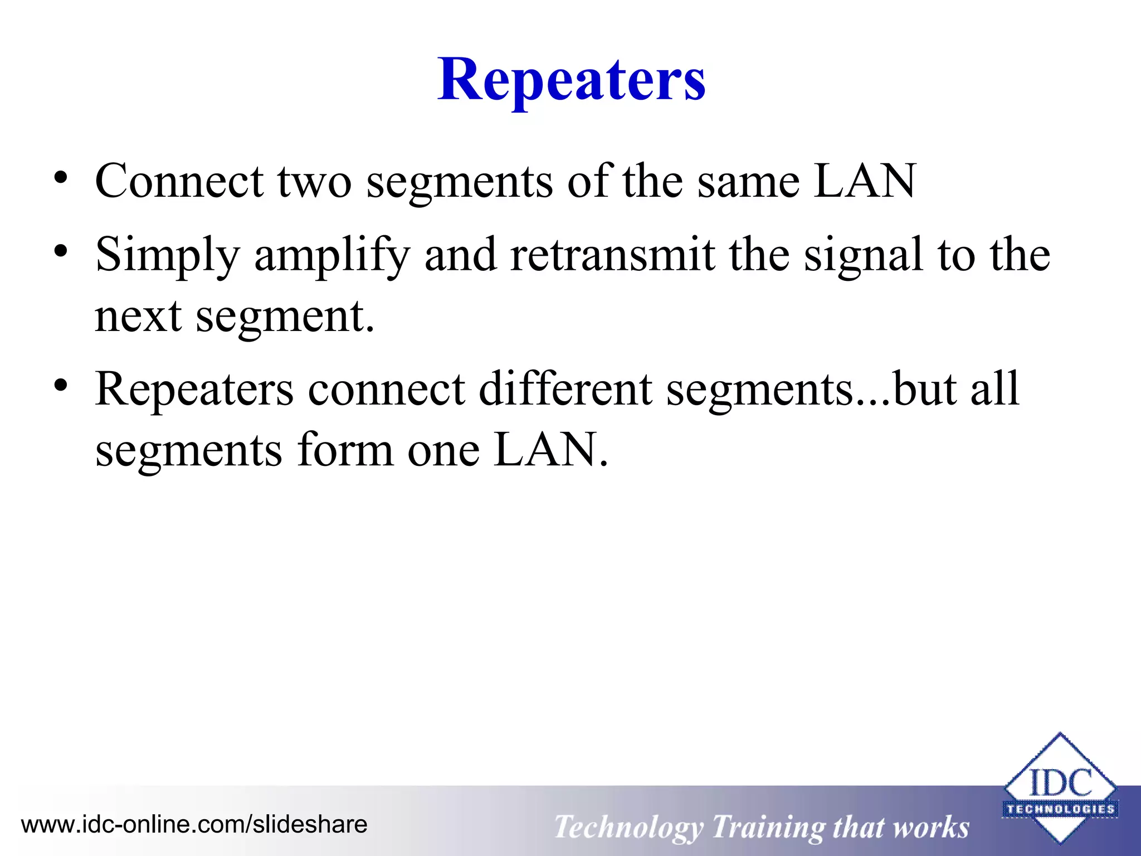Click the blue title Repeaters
point(571,81)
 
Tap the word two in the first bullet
point(315,181)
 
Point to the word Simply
point(168,255)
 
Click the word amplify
point(332,255)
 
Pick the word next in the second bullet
point(138,316)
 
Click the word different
point(565,388)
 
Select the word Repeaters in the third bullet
point(194,390)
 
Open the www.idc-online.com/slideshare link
point(194,824)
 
